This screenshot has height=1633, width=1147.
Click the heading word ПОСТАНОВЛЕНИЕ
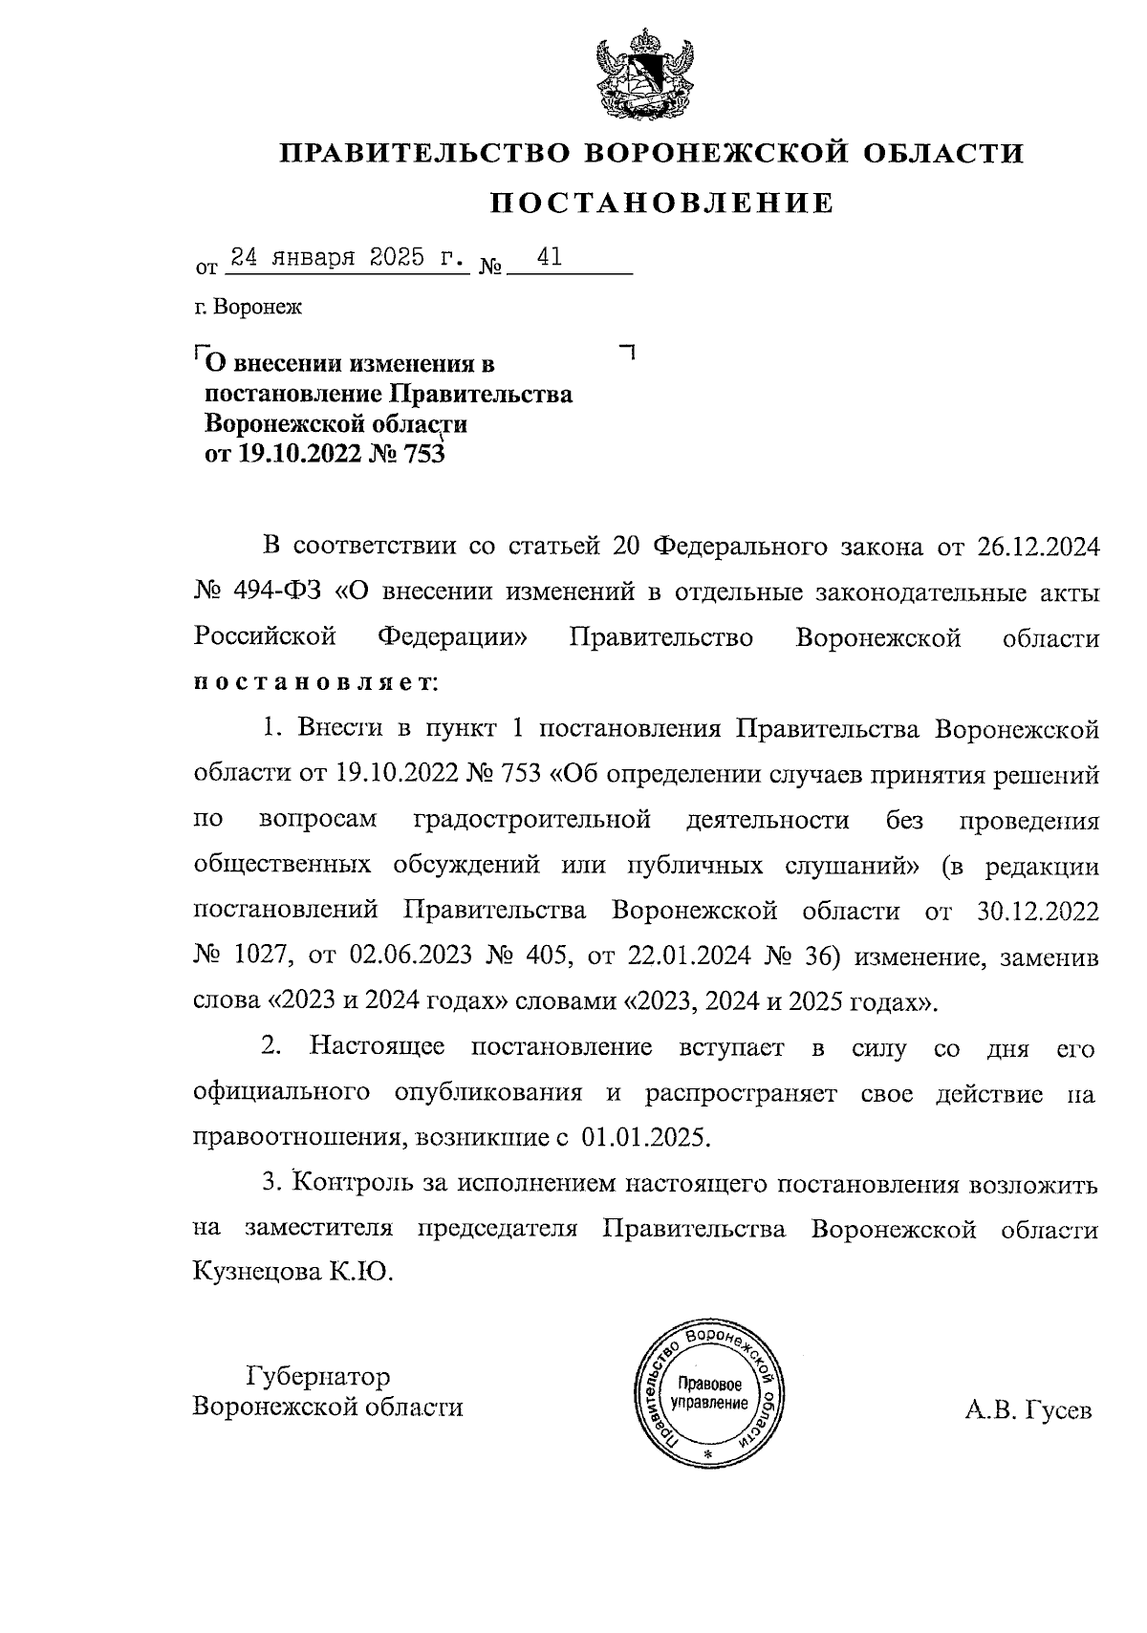(661, 203)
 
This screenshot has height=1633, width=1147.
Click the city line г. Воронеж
(247, 308)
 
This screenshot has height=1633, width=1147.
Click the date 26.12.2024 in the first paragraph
(1038, 548)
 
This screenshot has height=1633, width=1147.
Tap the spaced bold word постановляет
(314, 684)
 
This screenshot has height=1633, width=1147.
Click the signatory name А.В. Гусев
(1028, 1410)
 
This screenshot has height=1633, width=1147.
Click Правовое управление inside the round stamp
(708, 1393)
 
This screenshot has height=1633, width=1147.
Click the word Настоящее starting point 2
(377, 1047)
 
